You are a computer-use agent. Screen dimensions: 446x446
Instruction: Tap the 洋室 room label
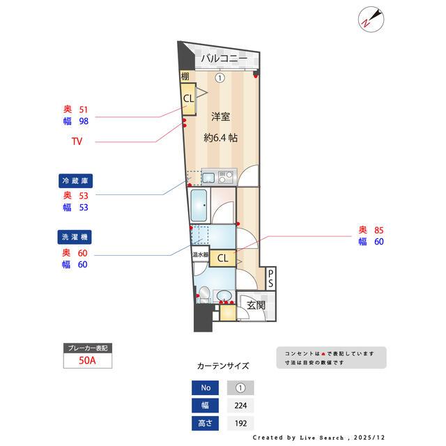[x=220, y=116]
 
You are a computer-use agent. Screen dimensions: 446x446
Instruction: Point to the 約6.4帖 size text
[x=220, y=138]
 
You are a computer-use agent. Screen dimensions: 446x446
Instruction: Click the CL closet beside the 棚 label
[x=188, y=98]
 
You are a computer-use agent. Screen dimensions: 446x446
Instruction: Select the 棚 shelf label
[x=185, y=77]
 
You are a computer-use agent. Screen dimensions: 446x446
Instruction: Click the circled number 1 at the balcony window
[x=220, y=78]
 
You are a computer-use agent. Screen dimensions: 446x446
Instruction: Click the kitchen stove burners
[x=226, y=176]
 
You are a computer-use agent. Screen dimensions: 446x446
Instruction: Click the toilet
[x=203, y=294]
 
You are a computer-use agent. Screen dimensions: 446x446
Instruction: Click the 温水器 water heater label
[x=200, y=255]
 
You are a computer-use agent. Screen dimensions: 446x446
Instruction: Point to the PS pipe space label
[x=271, y=279]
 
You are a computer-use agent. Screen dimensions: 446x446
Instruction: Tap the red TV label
[x=77, y=142]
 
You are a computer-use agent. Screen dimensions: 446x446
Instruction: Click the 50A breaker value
[x=87, y=361]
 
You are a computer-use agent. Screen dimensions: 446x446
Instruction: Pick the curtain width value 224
[x=240, y=405]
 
